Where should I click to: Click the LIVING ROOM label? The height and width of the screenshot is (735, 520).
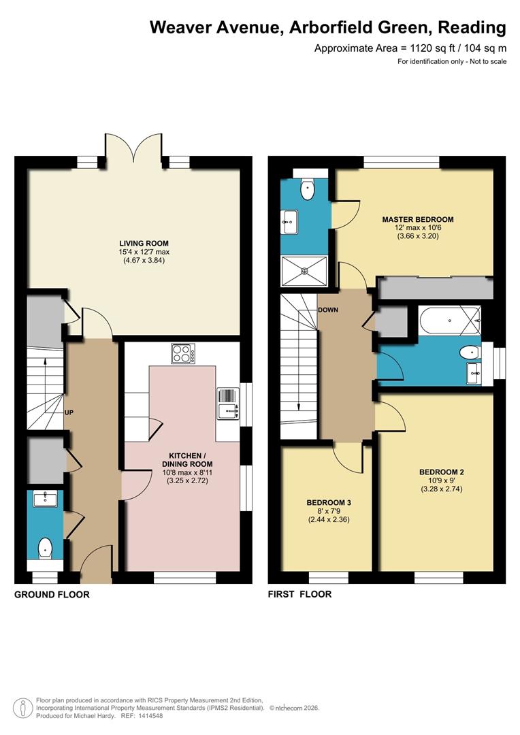coord(144,243)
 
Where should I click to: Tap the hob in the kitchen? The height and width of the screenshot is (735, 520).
coord(182,354)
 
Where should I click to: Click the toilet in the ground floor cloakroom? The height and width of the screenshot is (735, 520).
coord(45,547)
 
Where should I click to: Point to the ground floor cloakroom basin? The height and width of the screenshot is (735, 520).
coord(46,499)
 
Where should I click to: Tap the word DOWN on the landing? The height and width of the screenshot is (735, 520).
coord(327,310)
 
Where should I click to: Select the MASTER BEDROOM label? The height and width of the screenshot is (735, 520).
coord(417,219)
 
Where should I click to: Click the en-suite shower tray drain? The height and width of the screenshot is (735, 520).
coord(304,270)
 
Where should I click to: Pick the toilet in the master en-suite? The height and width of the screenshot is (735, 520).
coord(308,189)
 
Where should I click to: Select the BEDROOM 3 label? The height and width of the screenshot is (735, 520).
coord(329,503)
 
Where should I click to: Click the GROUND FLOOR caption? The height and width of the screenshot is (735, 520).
coord(52,594)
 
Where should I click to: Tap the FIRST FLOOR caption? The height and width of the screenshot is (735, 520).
coord(299,594)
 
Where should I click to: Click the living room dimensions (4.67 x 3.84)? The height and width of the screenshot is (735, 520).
coord(144,260)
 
